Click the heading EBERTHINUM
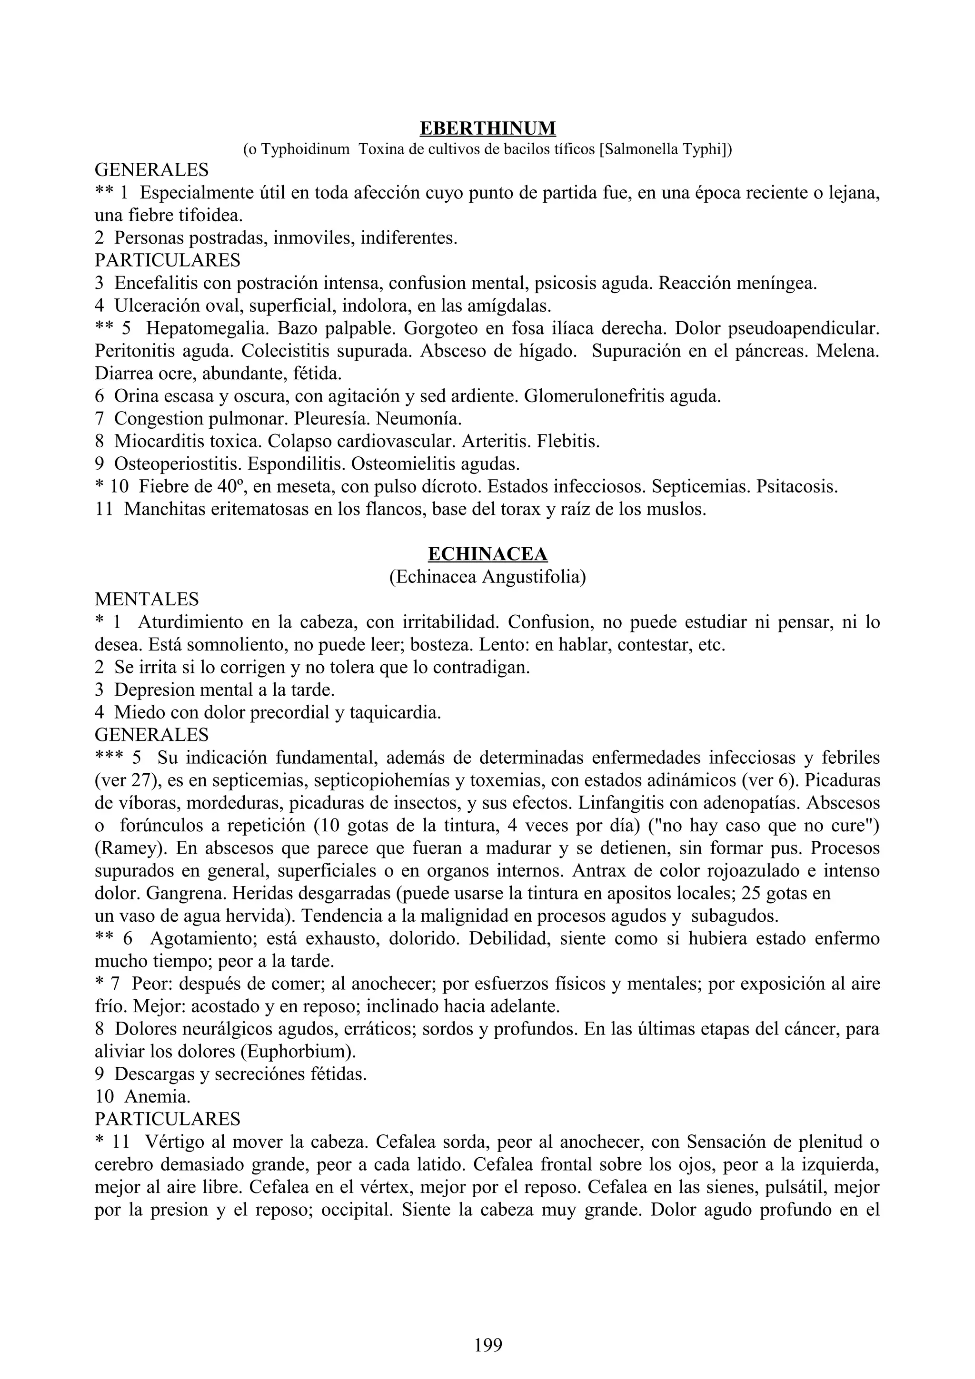click(487, 128)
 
